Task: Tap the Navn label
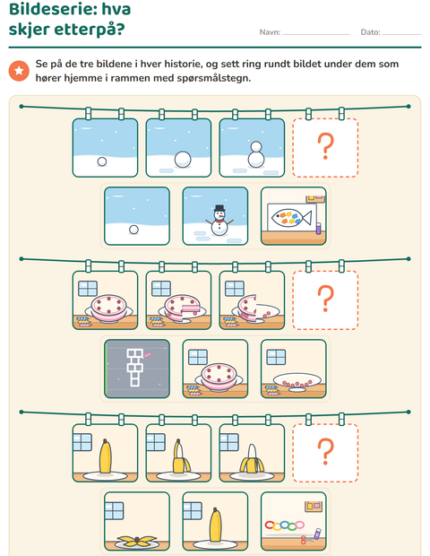point(270,32)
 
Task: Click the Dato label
point(370,32)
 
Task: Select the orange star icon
point(19,71)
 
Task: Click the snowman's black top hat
point(219,208)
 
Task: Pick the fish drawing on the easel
point(291,218)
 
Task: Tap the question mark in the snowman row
point(325,146)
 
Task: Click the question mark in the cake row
point(325,299)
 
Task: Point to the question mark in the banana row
point(325,452)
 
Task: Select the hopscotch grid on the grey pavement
point(135,368)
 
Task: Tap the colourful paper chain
point(284,525)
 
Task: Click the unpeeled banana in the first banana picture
point(105,456)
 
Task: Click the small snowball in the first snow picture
point(102,161)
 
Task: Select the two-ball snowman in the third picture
point(255,155)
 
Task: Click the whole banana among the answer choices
point(215,525)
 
